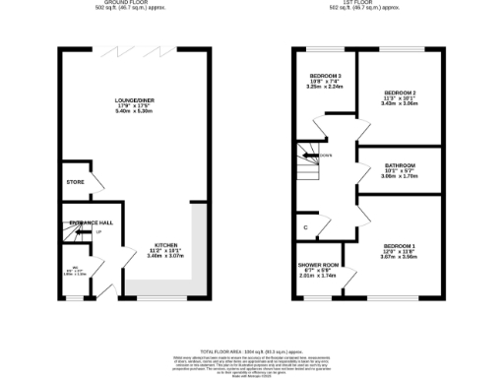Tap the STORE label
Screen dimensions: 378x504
pos(75,182)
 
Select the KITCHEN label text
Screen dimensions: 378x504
pos(165,245)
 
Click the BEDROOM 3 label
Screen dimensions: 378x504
pos(325,75)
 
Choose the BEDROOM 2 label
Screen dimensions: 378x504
pos(400,92)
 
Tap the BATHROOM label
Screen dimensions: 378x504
pos(400,165)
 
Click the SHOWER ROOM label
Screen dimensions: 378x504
pos(318,266)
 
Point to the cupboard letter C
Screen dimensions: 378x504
pos(306,229)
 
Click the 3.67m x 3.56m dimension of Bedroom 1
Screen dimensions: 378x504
pos(400,257)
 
